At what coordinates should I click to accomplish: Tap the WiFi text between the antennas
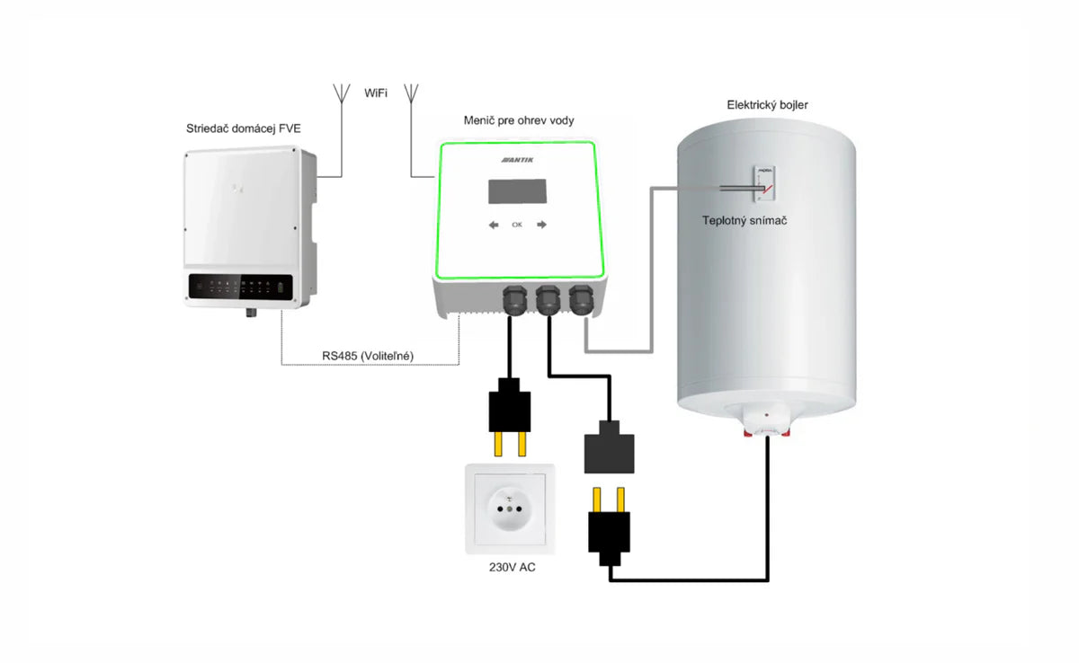coord(376,93)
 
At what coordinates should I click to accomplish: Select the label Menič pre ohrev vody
coord(518,120)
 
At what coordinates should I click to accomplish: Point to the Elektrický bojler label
coord(767,105)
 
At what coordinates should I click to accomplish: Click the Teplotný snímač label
coord(745,220)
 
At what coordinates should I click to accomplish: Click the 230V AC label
coord(510,567)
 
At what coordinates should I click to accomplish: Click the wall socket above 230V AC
coord(510,508)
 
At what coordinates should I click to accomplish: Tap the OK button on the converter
coord(516,225)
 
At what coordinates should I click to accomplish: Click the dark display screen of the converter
coord(517,191)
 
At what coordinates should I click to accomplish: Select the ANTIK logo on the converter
coord(518,160)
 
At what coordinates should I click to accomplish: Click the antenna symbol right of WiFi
coord(410,93)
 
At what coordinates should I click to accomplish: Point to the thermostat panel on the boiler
coord(761,185)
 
